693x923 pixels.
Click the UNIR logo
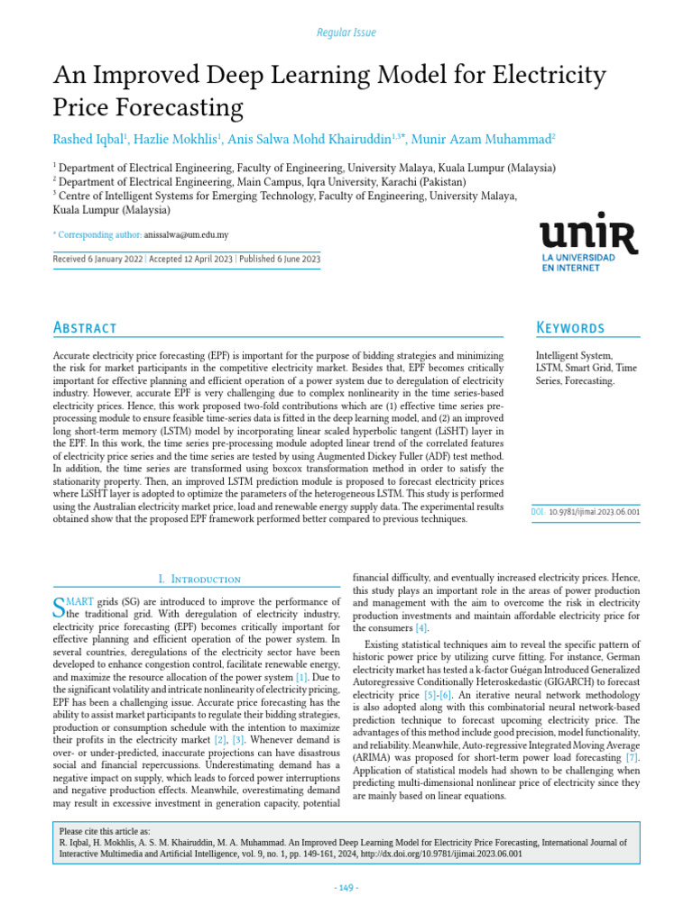point(588,244)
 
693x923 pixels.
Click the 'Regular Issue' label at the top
point(346,32)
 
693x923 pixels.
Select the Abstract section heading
point(86,327)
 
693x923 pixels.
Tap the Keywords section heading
point(570,327)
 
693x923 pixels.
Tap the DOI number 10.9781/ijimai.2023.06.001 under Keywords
point(595,511)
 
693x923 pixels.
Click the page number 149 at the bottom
point(346,888)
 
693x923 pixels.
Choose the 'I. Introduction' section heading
point(199,579)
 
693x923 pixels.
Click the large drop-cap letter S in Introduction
point(60,607)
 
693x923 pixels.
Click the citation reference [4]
point(420,627)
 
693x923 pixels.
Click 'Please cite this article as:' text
point(104,831)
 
